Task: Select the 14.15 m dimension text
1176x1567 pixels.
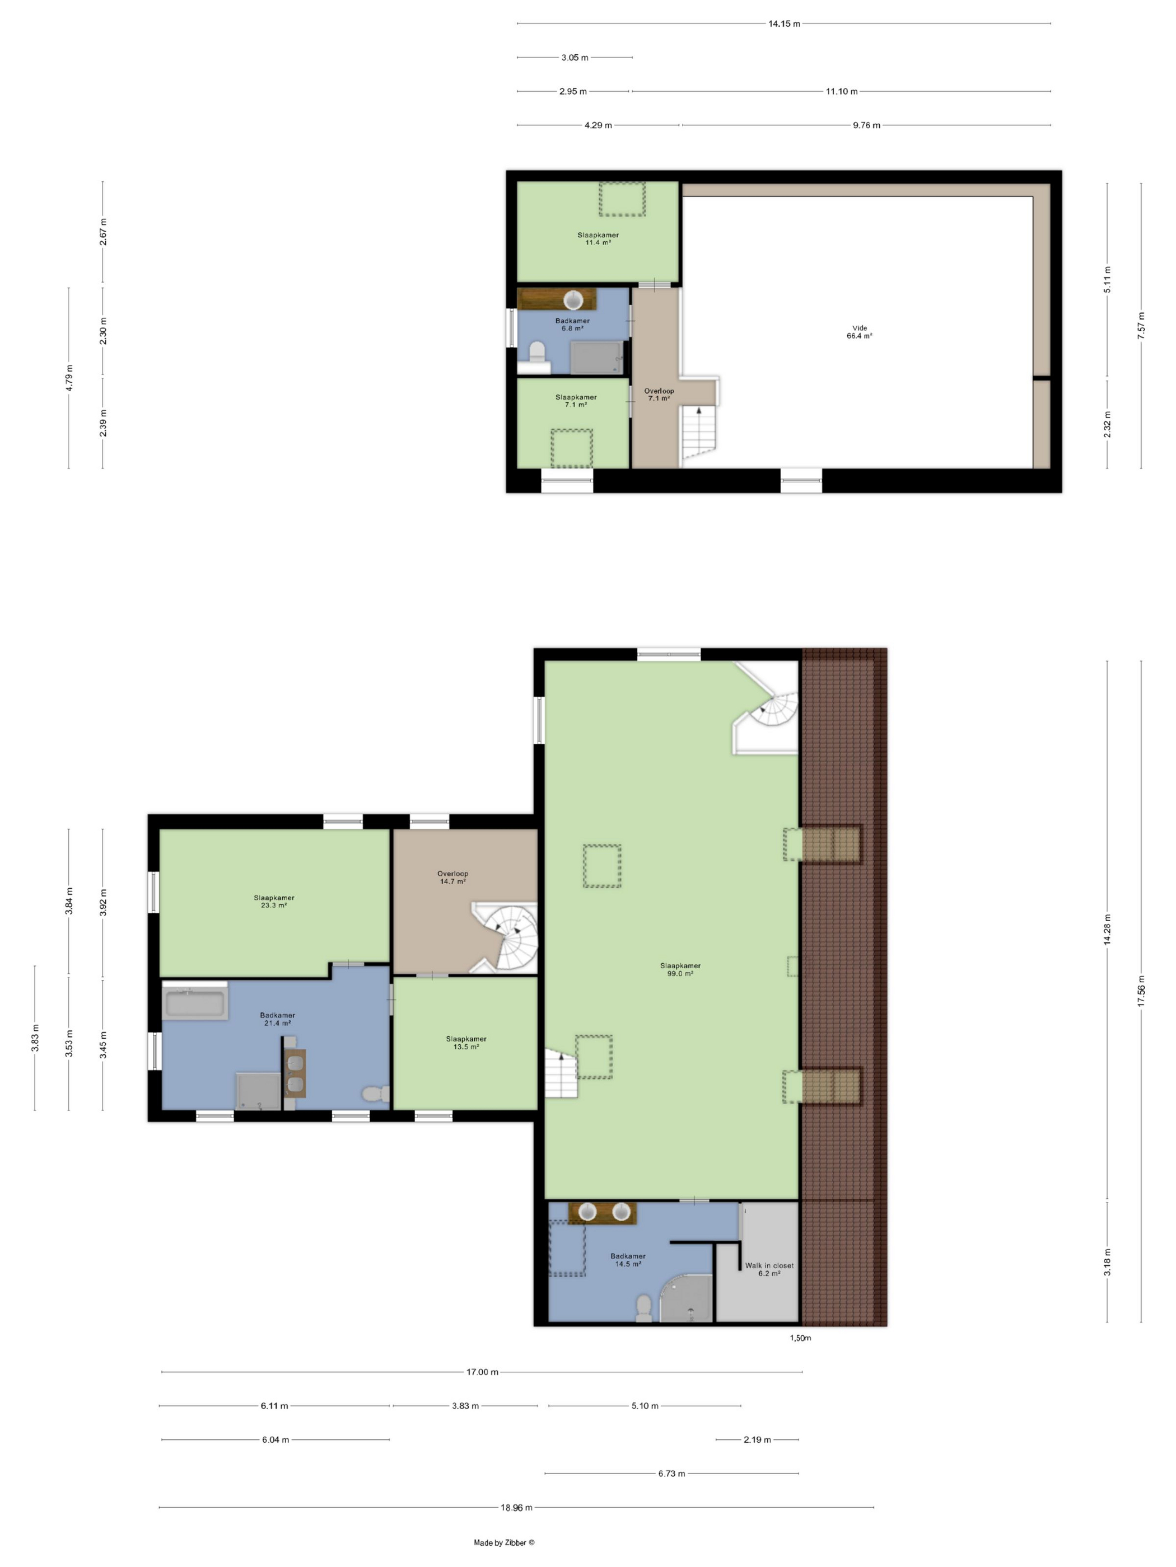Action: [x=784, y=24]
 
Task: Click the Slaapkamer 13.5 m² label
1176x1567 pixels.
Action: [x=466, y=1042]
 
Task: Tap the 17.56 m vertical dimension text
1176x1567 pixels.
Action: [x=1141, y=991]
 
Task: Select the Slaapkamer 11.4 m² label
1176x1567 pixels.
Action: [x=598, y=238]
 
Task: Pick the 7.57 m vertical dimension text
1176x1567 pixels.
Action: [x=1141, y=326]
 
